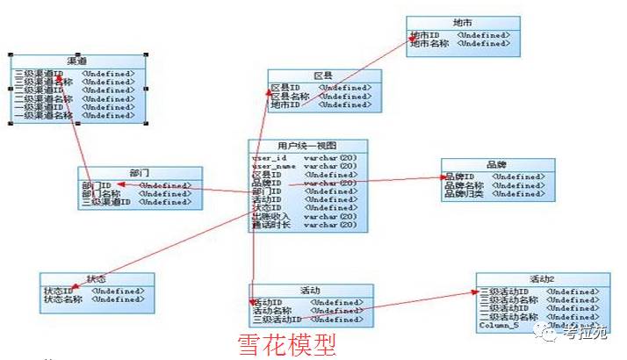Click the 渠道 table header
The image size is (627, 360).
[76, 61]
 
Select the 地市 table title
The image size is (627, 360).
[462, 23]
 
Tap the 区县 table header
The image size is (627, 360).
[321, 76]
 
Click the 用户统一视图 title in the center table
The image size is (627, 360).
[307, 146]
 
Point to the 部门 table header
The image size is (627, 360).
[140, 173]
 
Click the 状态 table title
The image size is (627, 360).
[97, 279]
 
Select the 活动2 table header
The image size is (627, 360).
[543, 279]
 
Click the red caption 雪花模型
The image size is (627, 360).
[287, 343]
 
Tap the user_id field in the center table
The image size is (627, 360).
[270, 158]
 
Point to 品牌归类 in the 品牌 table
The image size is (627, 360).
[464, 194]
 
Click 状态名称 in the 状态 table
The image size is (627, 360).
[63, 299]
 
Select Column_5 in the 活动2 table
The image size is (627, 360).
[499, 325]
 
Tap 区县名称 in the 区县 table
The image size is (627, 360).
[290, 97]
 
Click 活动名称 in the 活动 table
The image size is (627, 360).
[272, 311]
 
